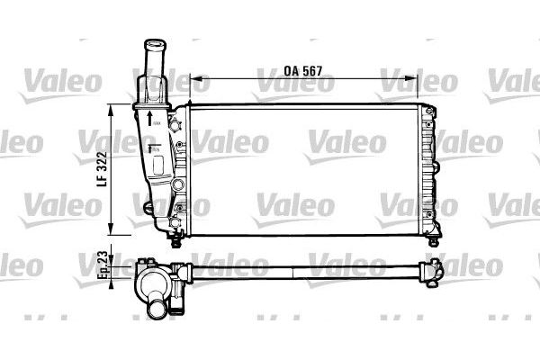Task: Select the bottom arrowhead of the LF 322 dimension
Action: coord(112,230)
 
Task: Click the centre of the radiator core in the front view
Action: coord(306,168)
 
